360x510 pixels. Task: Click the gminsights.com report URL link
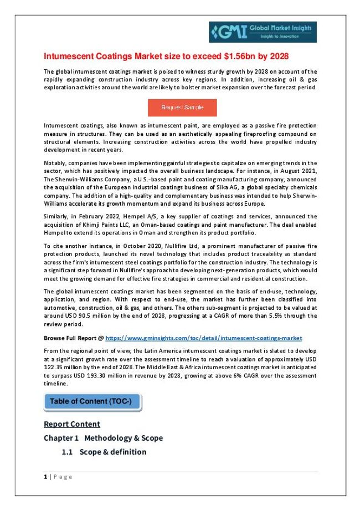(x=204, y=338)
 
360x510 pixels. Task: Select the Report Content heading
(x=71, y=424)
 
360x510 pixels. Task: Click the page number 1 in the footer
(x=45, y=477)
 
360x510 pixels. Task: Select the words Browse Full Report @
(x=73, y=338)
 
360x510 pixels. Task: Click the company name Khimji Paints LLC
(x=99, y=223)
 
